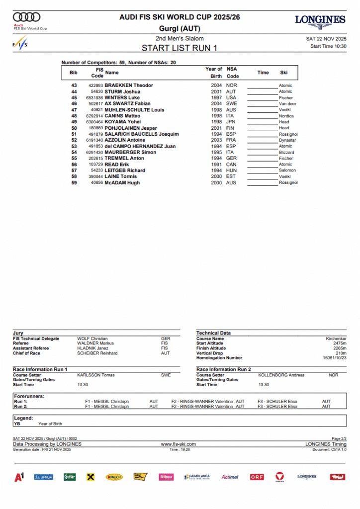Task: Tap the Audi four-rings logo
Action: [27, 17]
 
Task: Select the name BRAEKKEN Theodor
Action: [129, 85]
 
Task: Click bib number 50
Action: [74, 128]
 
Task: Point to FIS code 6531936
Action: [93, 98]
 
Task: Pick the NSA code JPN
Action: [231, 122]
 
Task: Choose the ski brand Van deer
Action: [287, 104]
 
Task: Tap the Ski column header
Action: [283, 73]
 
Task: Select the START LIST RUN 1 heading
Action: [180, 48]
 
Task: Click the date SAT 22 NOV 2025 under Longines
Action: [326, 39]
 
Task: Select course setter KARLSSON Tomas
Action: [96, 375]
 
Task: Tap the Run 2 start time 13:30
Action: [264, 385]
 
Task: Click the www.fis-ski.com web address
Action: [179, 444]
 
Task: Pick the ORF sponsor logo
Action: [257, 477]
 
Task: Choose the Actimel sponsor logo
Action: [230, 477]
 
